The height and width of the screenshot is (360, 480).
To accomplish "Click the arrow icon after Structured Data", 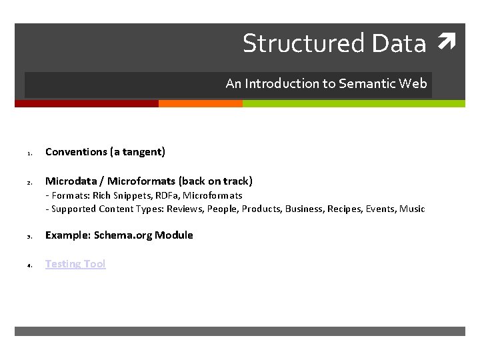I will [x=446, y=43].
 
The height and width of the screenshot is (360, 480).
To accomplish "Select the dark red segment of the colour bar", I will [x=87, y=103].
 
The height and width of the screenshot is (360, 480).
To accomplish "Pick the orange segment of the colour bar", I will [x=200, y=103].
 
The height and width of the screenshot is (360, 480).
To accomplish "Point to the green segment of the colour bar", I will [x=353, y=103].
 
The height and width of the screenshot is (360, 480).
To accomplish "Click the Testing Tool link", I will [x=75, y=264].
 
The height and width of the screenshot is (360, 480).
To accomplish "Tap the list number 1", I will [x=30, y=153].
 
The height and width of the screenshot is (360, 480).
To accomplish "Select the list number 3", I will [x=30, y=236].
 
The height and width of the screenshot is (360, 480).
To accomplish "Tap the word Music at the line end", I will [x=412, y=209].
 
